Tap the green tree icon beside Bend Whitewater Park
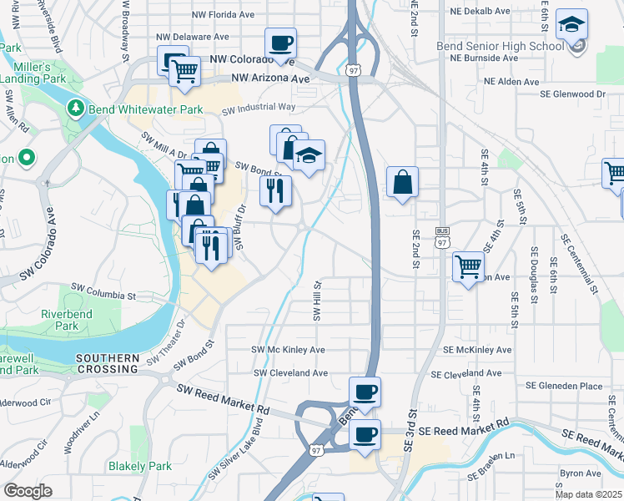click(76, 108)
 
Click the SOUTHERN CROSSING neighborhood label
click(107, 363)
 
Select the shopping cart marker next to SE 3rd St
click(468, 266)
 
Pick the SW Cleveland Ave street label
click(290, 373)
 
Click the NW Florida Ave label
click(223, 15)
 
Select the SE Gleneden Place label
click(563, 386)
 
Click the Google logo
click(28, 491)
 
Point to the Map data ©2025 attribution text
click(588, 494)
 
